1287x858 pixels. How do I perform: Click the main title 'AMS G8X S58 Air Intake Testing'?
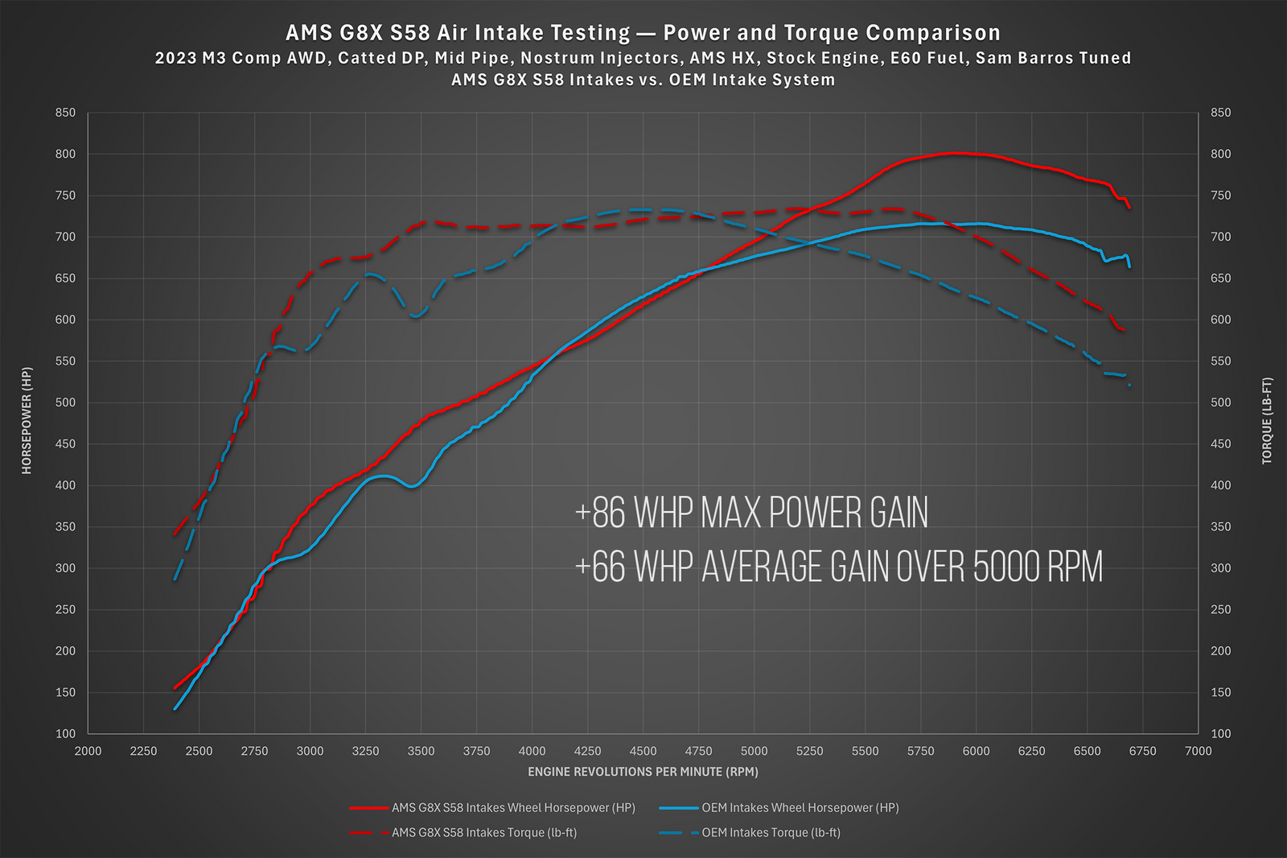tap(458, 33)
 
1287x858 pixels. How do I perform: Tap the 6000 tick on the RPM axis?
tap(976, 751)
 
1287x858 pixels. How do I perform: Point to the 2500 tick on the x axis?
tap(199, 751)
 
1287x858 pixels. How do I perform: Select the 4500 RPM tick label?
tap(643, 751)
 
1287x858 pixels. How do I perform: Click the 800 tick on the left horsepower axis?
tap(65, 154)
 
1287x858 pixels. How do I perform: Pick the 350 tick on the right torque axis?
tap(1220, 526)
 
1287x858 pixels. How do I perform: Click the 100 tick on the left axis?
tap(65, 733)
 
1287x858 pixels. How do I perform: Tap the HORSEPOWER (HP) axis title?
tap(27, 421)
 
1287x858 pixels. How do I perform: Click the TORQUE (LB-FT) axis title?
tap(1267, 421)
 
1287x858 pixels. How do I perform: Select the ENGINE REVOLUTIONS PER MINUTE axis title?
tap(643, 772)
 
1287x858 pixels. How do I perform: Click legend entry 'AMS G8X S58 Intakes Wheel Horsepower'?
tap(513, 807)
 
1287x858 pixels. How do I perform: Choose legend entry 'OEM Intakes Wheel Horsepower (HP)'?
tap(800, 807)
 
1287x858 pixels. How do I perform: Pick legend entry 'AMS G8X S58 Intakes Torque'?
tap(483, 832)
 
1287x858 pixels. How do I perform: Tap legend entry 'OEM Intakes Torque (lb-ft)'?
tap(771, 832)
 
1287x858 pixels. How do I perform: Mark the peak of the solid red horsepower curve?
tap(954, 153)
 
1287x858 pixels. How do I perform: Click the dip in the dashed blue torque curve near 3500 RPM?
tap(416, 316)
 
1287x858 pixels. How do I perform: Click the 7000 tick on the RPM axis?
tap(1198, 751)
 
